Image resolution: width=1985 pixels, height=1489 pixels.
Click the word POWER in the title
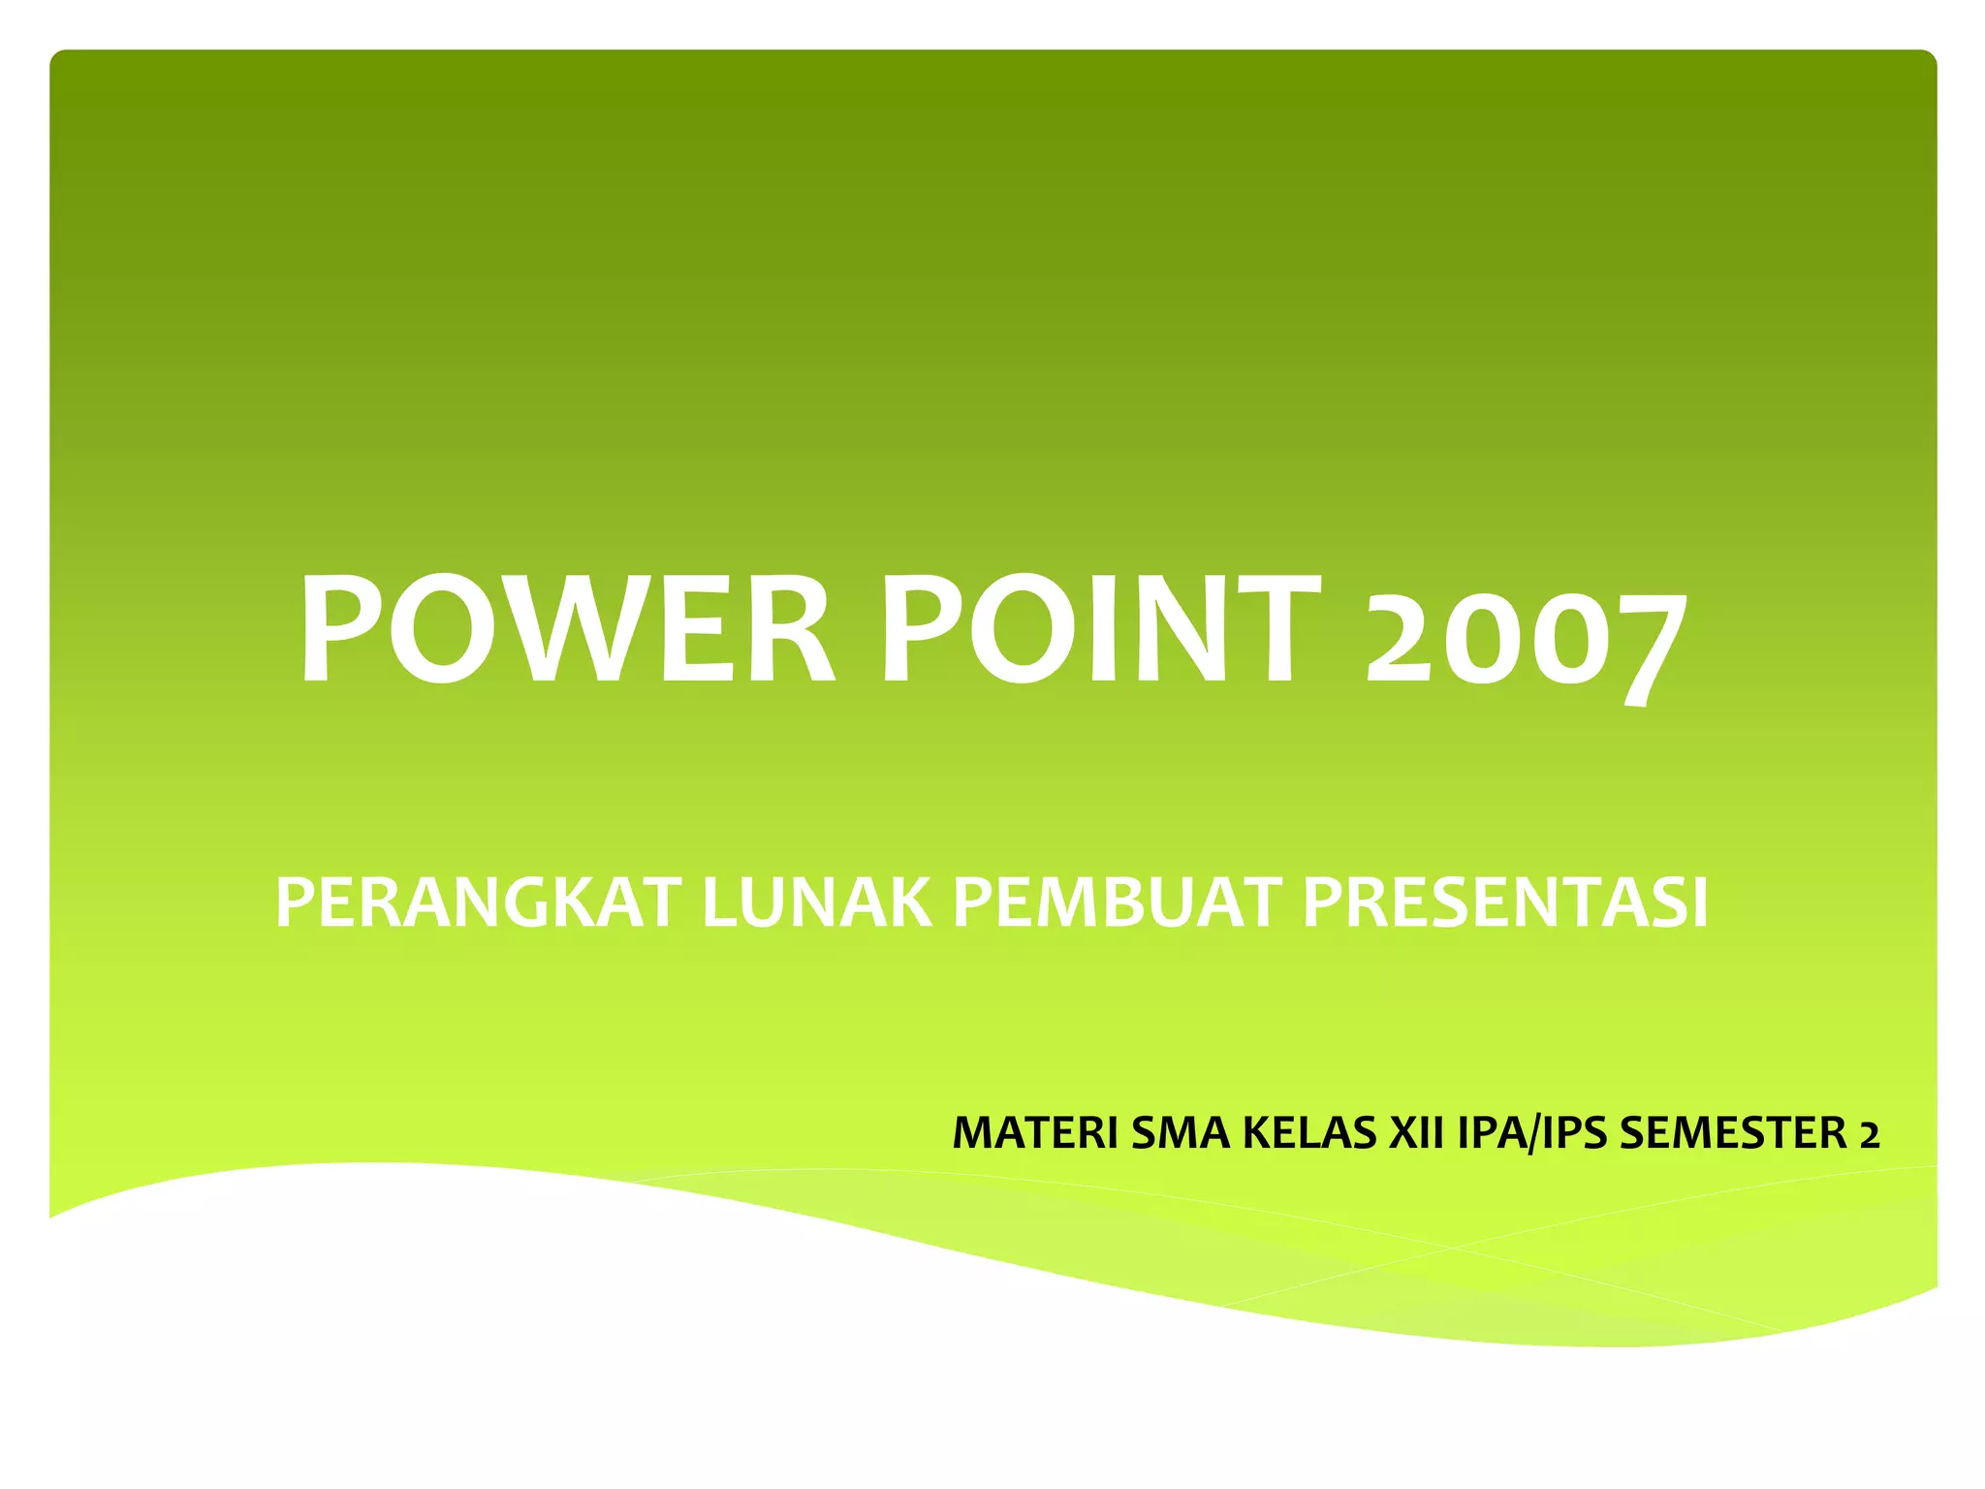point(567,628)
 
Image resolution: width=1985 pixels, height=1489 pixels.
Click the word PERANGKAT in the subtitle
point(479,903)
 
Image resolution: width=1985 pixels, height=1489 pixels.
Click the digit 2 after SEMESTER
point(1869,1134)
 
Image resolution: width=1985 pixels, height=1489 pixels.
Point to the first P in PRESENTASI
point(1323,903)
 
